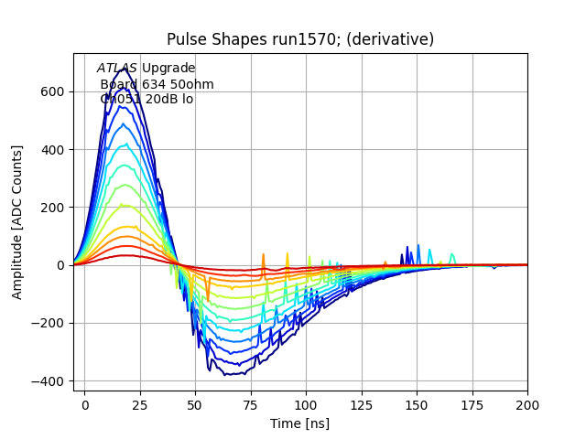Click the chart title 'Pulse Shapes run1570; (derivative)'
tap(299, 39)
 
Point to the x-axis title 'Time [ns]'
tap(299, 423)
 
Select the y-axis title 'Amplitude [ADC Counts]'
tap(17, 222)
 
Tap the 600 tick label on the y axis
tap(52, 91)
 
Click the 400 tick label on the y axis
tap(52, 149)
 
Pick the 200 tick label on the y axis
tap(52, 208)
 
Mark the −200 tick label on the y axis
tap(48, 323)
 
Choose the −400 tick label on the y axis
tap(48, 381)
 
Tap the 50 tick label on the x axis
tap(195, 405)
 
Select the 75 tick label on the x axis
tap(251, 405)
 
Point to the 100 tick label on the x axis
tap(306, 405)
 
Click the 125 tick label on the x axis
tap(362, 405)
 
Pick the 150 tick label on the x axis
tap(417, 405)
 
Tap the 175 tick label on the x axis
tap(472, 405)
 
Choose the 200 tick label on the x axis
tap(527, 405)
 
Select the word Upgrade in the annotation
tap(168, 69)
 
